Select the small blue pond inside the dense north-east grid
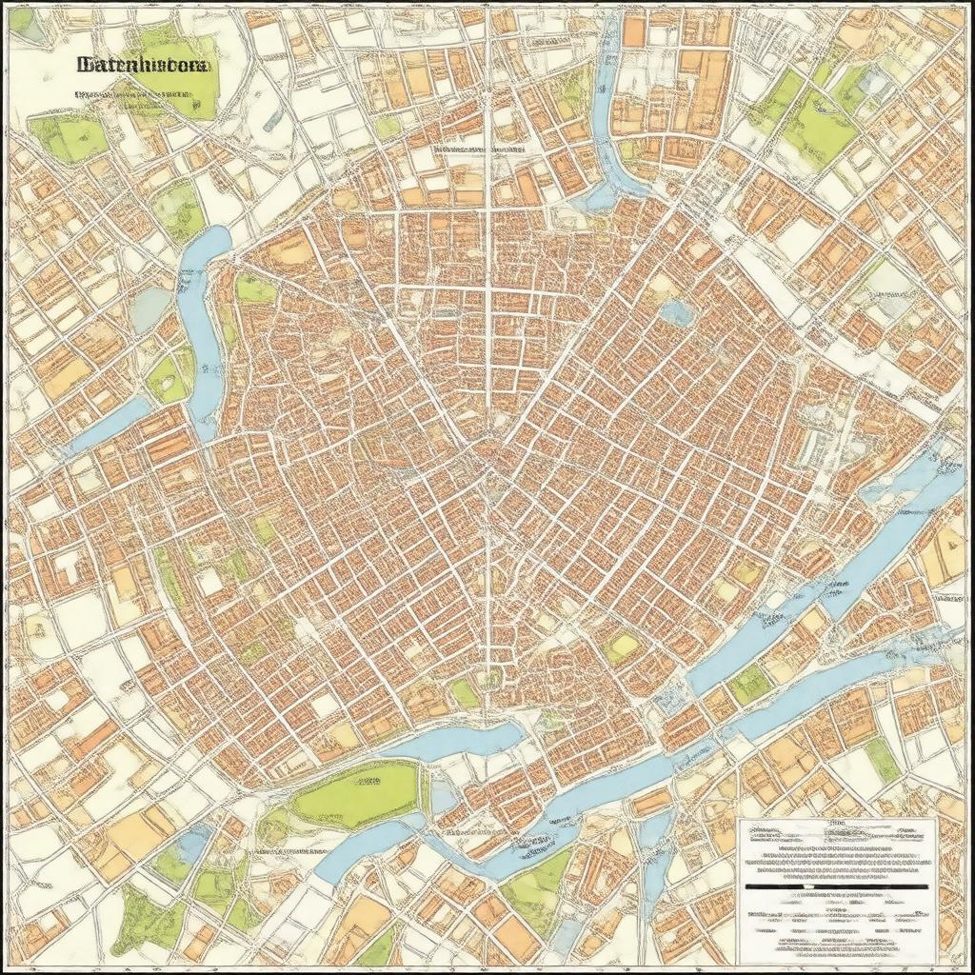click(677, 311)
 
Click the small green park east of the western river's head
click(254, 289)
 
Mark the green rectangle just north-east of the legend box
click(881, 760)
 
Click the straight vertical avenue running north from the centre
click(487, 238)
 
